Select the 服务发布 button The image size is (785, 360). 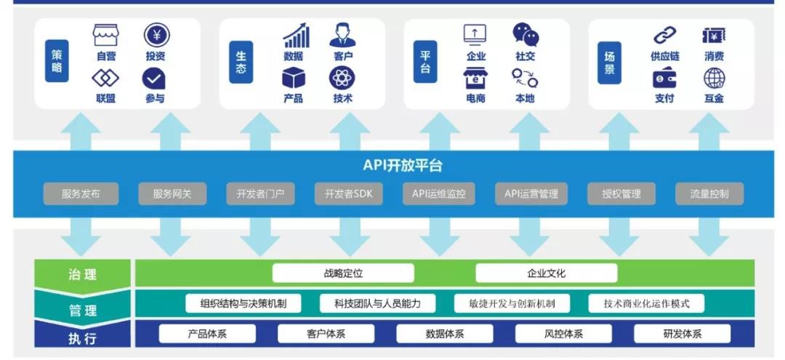click(81, 194)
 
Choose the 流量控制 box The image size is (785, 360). click(708, 194)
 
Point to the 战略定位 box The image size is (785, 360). click(343, 273)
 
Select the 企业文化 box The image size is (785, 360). click(546, 273)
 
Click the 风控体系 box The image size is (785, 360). click(563, 334)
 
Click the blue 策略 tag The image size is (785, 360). click(57, 61)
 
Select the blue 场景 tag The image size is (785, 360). click(609, 61)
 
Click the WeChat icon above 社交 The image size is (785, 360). click(526, 34)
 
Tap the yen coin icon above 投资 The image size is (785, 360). click(156, 34)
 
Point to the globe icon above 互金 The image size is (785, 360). click(714, 78)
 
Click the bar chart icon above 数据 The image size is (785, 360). click(295, 35)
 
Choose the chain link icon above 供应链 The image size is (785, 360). click(664, 35)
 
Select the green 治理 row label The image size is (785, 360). click(82, 275)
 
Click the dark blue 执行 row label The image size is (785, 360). click(82, 338)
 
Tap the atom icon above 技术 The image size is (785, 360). click(342, 78)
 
